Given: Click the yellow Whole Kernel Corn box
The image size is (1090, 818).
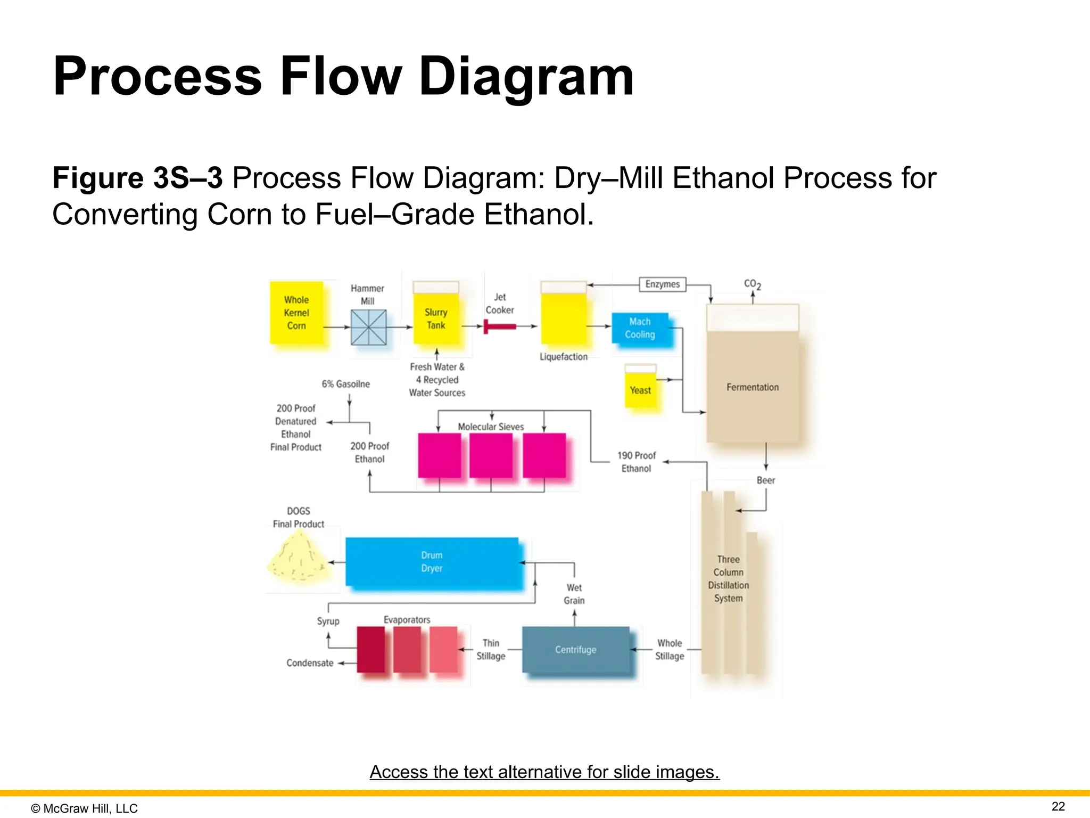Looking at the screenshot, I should (296, 313).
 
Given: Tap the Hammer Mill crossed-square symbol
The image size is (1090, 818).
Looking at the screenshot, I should (368, 327).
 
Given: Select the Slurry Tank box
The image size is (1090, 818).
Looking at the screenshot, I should (436, 318).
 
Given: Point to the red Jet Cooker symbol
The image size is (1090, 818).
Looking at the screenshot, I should (499, 326).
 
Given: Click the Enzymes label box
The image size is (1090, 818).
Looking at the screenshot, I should (662, 284).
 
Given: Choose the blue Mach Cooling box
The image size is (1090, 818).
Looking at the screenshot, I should (640, 328).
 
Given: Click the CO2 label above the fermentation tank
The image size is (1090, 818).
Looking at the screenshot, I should (752, 284).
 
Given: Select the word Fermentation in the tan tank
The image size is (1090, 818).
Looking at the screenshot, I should (752, 387).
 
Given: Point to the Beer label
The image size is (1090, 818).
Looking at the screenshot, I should (765, 480).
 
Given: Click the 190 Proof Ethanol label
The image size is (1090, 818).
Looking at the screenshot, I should (636, 462).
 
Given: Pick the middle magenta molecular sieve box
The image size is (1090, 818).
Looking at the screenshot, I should (491, 455).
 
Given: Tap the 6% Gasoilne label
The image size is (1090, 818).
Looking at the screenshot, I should (345, 384).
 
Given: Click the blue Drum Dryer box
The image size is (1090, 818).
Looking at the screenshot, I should (432, 562).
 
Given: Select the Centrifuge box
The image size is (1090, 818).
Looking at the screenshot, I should (575, 650).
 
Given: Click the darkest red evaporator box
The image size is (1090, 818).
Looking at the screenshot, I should (370, 650).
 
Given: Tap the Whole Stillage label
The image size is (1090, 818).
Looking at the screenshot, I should (669, 650).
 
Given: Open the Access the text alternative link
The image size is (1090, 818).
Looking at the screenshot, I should (544, 772).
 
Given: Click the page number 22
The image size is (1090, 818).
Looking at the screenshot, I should (1058, 806).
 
